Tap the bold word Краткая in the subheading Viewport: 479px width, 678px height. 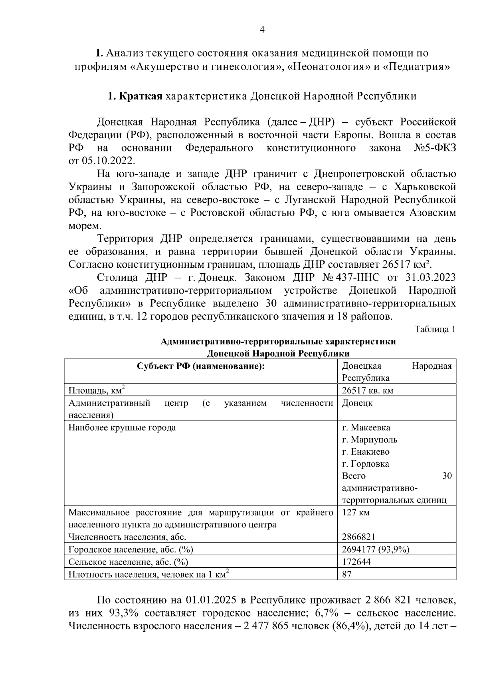[x=141, y=96]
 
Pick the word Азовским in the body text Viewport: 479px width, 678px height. [x=433, y=213]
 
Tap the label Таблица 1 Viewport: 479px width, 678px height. [x=435, y=329]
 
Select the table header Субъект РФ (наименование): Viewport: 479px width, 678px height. [x=201, y=366]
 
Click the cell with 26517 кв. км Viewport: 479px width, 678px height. [x=368, y=390]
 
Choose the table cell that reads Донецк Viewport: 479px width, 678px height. [x=357, y=403]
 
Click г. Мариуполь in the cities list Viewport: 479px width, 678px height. [x=370, y=440]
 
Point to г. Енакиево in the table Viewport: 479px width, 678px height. [x=366, y=452]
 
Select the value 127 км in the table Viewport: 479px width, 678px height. [x=356, y=512]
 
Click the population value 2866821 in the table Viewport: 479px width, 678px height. [x=358, y=537]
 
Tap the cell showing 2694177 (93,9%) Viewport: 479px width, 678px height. [x=376, y=549]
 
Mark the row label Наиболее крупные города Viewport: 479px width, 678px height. [x=122, y=427]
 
